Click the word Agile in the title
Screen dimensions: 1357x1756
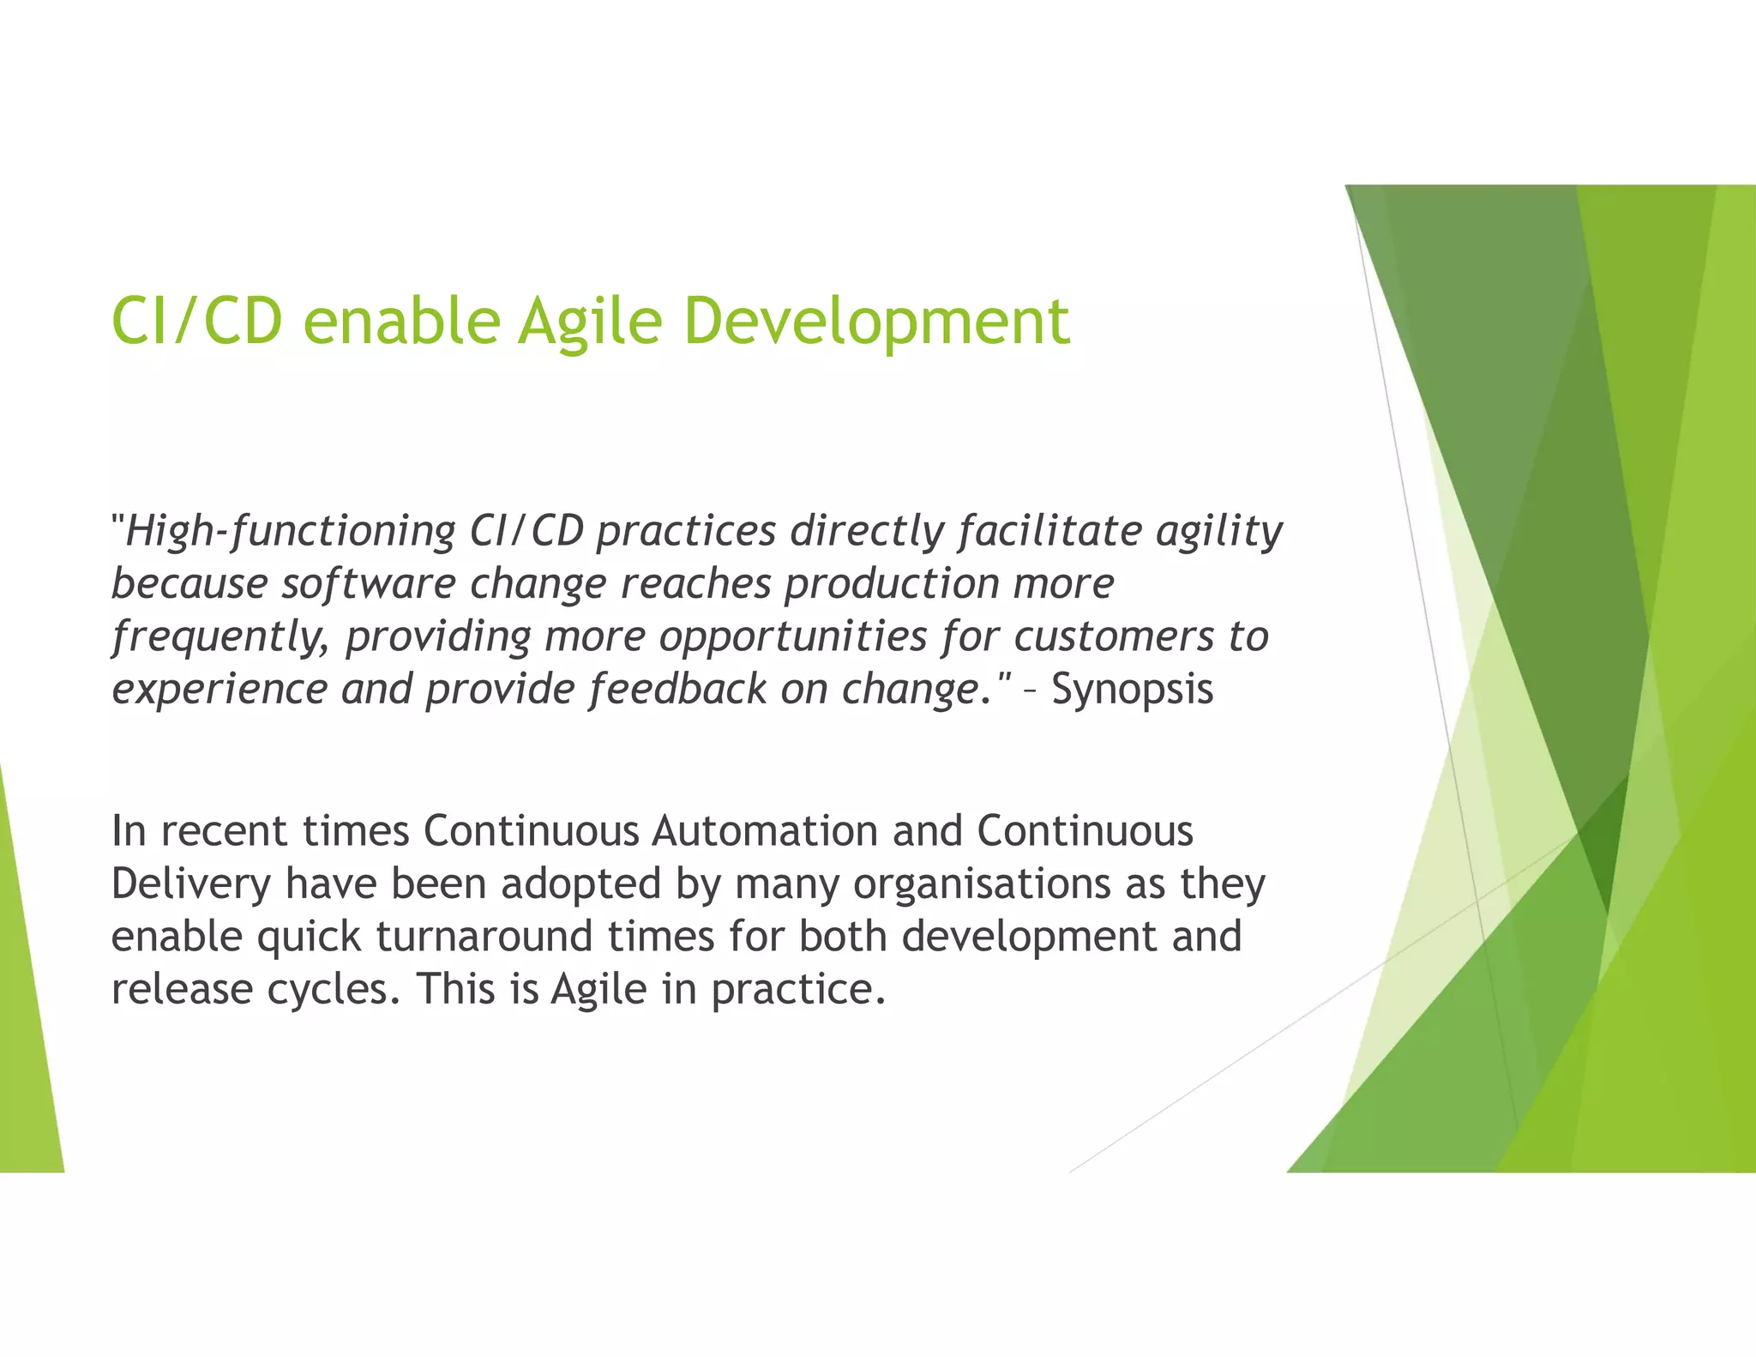pyautogui.click(x=589, y=322)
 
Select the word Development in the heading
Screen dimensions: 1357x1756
pyautogui.click(x=875, y=322)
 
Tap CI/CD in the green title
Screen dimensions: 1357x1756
pyautogui.click(x=196, y=322)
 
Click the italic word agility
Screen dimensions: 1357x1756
pyautogui.click(x=1218, y=531)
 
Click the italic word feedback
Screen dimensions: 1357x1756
pyautogui.click(x=677, y=690)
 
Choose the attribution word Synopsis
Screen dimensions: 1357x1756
pyautogui.click(x=1132, y=690)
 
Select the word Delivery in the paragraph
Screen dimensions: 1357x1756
pyautogui.click(x=191, y=884)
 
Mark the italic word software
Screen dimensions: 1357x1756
pyautogui.click(x=368, y=584)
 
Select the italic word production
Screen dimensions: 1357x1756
pyautogui.click(x=891, y=584)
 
